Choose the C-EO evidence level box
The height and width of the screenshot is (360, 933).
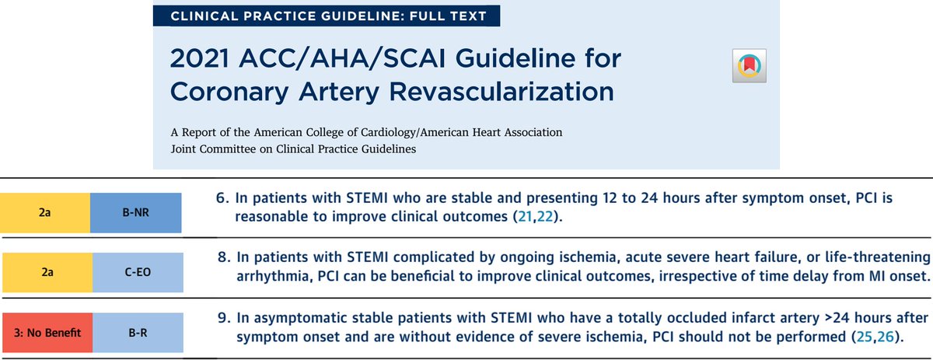click(x=136, y=275)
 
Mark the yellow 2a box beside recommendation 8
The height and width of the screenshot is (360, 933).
click(x=46, y=275)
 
